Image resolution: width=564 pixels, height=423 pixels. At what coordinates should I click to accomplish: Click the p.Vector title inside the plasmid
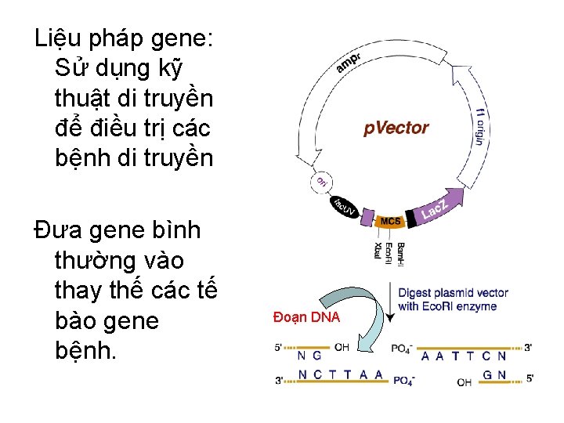coord(396,128)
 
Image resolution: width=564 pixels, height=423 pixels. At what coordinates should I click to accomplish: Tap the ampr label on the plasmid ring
coord(350,63)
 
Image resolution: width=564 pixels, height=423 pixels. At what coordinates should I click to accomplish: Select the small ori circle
coord(321,181)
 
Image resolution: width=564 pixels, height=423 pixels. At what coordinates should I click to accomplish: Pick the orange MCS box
coord(390,222)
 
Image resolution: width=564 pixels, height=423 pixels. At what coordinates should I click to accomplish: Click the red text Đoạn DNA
coord(306,317)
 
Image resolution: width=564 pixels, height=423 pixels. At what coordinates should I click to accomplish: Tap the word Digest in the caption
coord(416,293)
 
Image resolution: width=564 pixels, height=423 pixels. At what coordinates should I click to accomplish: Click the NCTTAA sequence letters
coord(341,374)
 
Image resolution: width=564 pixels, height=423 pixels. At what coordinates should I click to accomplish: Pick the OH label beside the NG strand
coord(342,346)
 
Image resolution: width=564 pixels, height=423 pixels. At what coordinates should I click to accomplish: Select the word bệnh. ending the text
coord(85,350)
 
